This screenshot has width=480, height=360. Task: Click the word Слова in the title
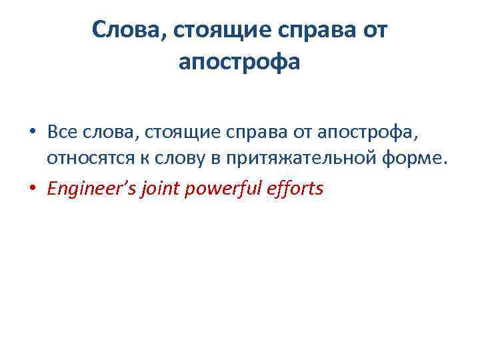(125, 30)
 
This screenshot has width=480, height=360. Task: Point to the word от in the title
(373, 30)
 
